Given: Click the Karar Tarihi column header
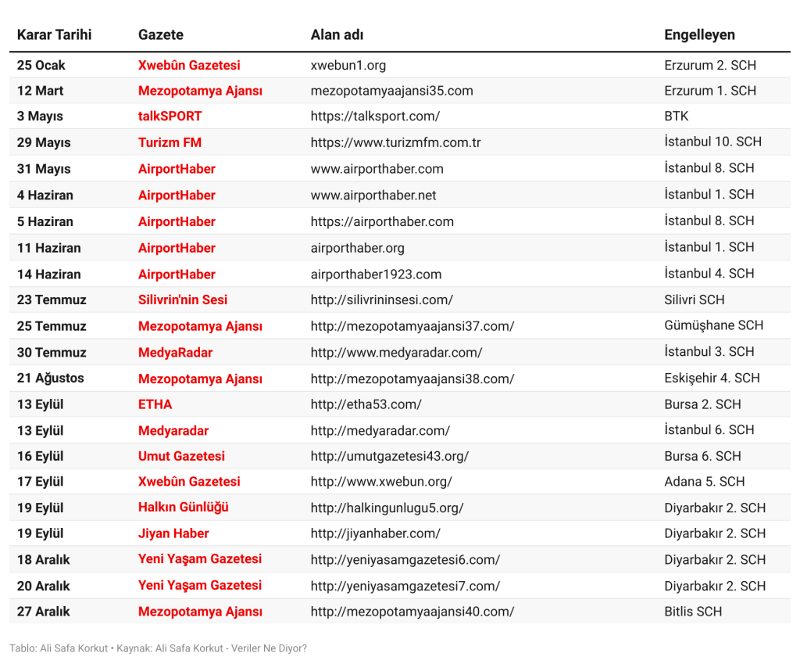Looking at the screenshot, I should pos(54,34).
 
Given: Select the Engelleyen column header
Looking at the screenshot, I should pos(699,34).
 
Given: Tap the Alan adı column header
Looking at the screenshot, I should pos(337,34).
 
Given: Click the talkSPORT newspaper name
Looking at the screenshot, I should pos(170,117).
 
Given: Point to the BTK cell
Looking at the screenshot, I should pos(677,117).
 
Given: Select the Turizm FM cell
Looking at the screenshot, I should pos(170,142).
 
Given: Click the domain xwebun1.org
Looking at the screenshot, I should pos(348,65).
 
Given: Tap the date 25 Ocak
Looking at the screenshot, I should pos(41,65).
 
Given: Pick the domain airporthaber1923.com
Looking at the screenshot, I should pos(376,274).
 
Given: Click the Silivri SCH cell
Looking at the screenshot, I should pos(695,300).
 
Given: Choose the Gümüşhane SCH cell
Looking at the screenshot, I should pos(713,325).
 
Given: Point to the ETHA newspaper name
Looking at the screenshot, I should pos(155,404).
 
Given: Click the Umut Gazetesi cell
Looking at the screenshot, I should pos(181,456).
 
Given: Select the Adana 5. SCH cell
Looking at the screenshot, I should pos(705,482).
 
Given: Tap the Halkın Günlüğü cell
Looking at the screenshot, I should pos(184,508).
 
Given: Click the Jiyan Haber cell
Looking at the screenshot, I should pos(173,533).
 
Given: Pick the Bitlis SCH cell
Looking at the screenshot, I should pos(693,612).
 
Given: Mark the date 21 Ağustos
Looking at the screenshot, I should pos(50,379).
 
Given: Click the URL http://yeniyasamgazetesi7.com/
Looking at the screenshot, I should pos(405,586).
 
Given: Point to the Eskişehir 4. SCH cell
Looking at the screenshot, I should pos(712,379).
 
